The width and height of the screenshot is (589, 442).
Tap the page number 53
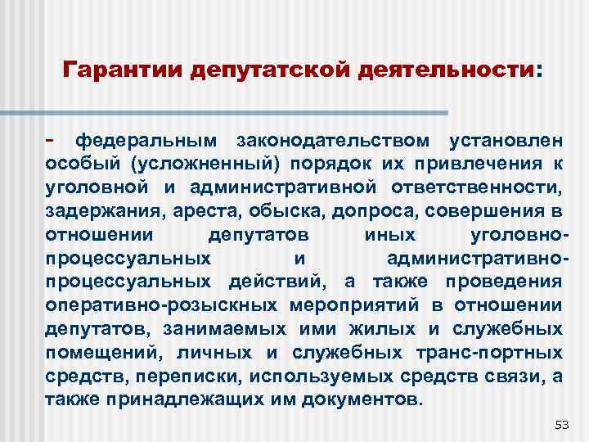pos(561,425)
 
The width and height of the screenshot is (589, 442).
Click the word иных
pos(388,235)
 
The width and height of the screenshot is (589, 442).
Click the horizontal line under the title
pos(246,112)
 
